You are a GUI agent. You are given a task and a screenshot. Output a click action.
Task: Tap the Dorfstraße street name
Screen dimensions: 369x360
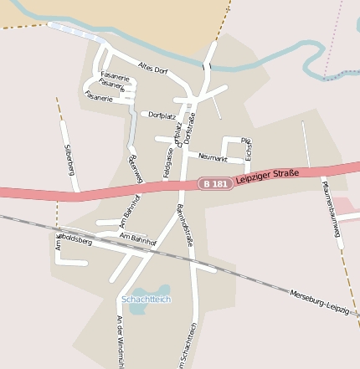[190, 123]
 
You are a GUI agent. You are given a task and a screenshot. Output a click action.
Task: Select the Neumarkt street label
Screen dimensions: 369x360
[213, 156]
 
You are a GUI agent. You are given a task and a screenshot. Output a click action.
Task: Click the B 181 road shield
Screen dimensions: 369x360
[213, 183]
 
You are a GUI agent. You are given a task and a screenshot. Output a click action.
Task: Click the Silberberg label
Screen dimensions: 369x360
[69, 159]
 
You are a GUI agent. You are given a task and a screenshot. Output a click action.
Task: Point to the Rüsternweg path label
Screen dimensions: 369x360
[135, 169]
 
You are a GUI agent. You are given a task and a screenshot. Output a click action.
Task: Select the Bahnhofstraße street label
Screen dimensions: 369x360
[185, 225]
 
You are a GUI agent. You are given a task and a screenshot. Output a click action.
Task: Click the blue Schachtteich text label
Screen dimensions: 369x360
[146, 299]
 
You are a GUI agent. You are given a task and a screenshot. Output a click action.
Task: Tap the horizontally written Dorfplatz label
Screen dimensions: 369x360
[162, 115]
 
